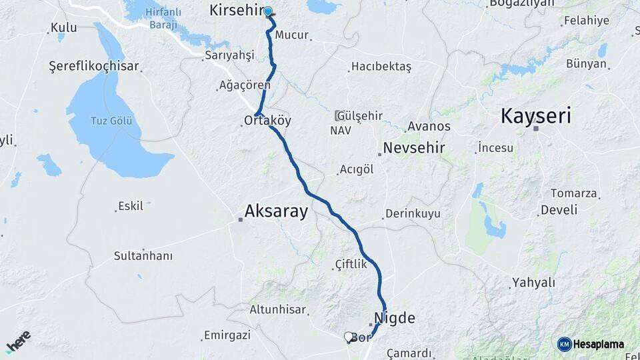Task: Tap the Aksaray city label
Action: click(x=276, y=212)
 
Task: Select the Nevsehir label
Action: click(x=413, y=148)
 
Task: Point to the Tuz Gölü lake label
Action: click(x=111, y=121)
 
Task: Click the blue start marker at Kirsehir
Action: click(x=268, y=11)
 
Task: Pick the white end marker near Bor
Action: click(x=348, y=337)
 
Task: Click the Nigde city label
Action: click(x=395, y=317)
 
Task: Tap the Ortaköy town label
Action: click(x=267, y=121)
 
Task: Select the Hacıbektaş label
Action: click(x=381, y=67)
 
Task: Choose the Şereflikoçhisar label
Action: click(x=94, y=66)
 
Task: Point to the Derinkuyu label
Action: click(x=412, y=214)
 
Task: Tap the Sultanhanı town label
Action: click(x=143, y=255)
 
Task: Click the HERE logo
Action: click(x=18, y=341)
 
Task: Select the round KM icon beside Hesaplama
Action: click(x=565, y=344)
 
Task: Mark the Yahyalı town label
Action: click(x=533, y=283)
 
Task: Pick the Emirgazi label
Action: click(x=227, y=335)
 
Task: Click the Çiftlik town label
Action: click(x=351, y=265)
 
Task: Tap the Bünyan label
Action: click(x=587, y=64)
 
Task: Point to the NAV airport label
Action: click(x=340, y=131)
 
